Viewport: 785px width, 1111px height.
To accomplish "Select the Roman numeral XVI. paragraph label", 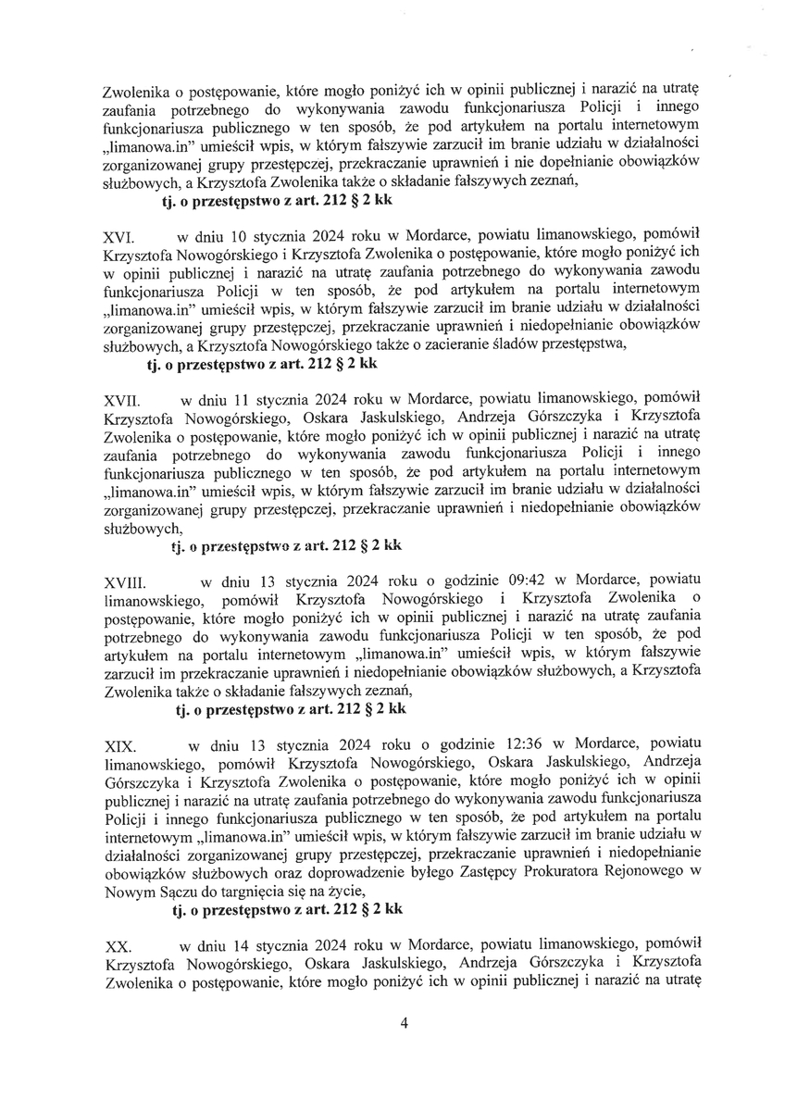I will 116,239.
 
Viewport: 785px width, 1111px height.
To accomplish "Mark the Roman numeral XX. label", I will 116,948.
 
